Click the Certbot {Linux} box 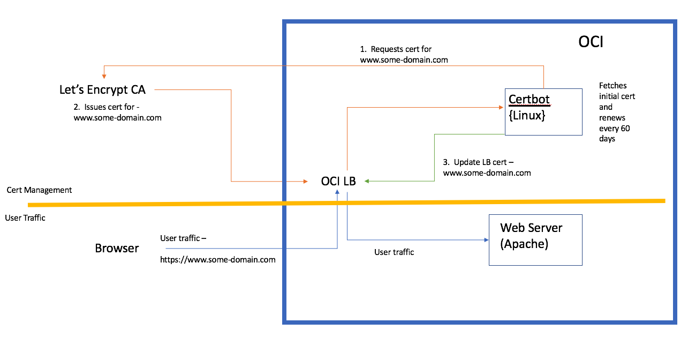(543, 111)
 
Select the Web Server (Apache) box (535, 239)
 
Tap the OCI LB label (338, 181)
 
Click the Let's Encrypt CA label (102, 90)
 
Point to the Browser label (117, 248)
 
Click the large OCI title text (591, 42)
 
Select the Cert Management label (39, 190)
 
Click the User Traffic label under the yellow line (25, 217)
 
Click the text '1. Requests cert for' (396, 49)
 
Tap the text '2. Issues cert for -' (114, 107)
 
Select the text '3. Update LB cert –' (479, 162)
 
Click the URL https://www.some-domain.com (218, 260)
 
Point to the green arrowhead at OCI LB (368, 181)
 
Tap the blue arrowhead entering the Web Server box (486, 239)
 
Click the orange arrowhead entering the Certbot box (503, 108)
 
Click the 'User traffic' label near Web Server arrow (394, 252)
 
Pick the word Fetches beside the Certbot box (613, 85)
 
